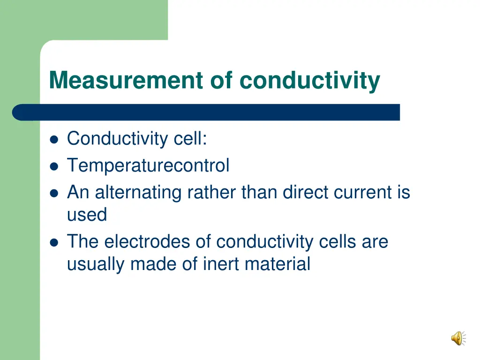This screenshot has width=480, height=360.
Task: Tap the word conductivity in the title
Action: click(310, 80)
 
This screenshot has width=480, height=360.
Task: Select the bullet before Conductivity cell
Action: click(54, 139)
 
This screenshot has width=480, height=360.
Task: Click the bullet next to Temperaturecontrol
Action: click(54, 166)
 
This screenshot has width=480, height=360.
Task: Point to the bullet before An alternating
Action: click(54, 193)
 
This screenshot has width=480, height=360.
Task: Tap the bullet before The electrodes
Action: click(54, 242)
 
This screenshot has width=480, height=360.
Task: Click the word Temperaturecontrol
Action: click(148, 165)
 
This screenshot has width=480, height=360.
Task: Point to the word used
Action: click(87, 215)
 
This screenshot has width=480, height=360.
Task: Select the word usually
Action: click(96, 264)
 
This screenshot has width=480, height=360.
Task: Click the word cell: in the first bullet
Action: click(190, 139)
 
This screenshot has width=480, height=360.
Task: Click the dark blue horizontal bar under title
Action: click(206, 112)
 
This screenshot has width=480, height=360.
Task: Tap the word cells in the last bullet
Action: click(337, 242)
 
